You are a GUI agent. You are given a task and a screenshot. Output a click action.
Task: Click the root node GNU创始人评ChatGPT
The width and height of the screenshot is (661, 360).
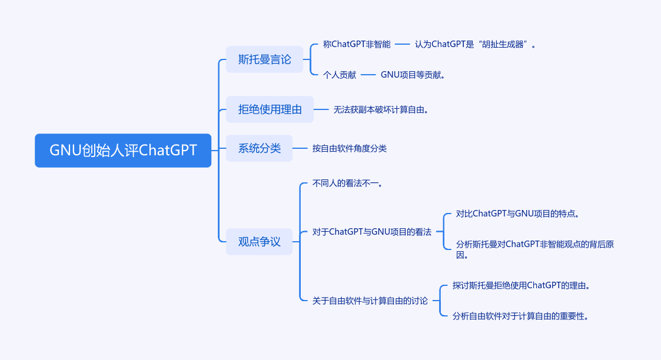(x=122, y=151)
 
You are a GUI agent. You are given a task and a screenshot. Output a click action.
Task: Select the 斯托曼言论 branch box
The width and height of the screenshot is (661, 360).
(x=264, y=59)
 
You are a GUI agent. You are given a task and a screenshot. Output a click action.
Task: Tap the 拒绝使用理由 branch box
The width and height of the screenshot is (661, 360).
(x=270, y=109)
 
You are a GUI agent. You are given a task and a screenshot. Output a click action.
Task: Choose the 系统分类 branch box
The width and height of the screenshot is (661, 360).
(x=259, y=148)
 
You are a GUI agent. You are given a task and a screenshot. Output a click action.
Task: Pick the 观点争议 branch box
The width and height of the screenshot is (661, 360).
(x=259, y=242)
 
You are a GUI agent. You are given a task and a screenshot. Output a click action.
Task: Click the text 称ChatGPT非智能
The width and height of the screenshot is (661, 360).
(x=357, y=44)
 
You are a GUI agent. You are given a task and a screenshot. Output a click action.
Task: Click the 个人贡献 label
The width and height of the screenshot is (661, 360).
(x=340, y=75)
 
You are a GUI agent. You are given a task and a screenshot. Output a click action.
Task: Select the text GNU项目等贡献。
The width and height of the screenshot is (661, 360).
(x=413, y=75)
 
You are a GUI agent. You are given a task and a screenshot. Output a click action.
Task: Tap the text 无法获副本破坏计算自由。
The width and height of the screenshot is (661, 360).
(x=381, y=109)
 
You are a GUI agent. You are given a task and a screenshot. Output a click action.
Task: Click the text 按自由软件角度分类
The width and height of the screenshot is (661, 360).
(x=350, y=148)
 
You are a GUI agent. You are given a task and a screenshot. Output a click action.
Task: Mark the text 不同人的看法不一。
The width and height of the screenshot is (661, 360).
(x=348, y=184)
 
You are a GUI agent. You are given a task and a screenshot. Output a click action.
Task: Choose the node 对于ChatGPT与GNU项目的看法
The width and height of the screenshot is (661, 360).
(x=372, y=232)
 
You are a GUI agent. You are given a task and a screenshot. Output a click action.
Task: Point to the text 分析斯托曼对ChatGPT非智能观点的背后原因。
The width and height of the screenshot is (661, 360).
(x=534, y=249)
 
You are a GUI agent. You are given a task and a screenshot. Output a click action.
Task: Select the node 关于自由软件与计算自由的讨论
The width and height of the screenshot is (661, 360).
(x=370, y=301)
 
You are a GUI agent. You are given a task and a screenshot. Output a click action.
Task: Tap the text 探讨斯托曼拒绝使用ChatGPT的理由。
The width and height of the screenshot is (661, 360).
(x=522, y=285)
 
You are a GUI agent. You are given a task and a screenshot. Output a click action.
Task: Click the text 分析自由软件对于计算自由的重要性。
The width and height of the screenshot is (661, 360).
(x=521, y=316)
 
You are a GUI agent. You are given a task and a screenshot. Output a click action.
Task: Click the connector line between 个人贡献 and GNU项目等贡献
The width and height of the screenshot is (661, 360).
(x=368, y=75)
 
